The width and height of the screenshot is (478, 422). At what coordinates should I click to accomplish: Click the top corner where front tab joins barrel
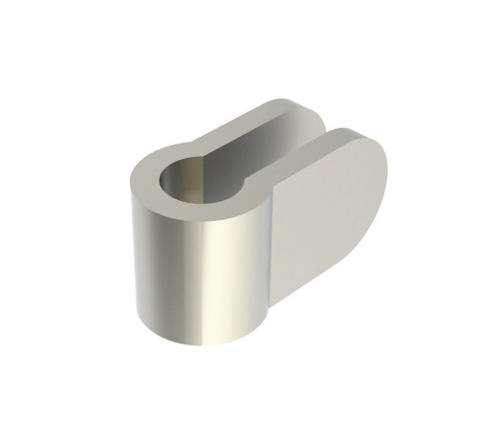pyautogui.click(x=276, y=187)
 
